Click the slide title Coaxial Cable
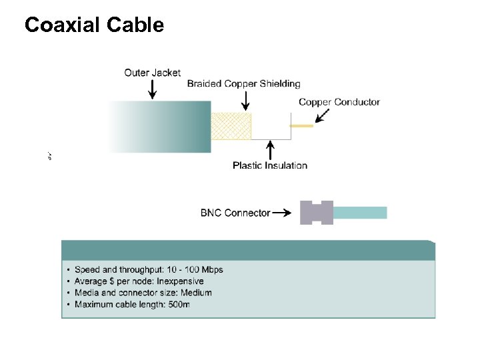(x=94, y=25)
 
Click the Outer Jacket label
(x=152, y=73)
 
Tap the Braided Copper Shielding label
(x=243, y=84)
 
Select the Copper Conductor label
(x=339, y=102)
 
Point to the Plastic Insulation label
(x=269, y=165)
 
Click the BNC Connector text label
(x=235, y=213)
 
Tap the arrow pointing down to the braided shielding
(x=245, y=101)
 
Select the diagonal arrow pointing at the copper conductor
(x=321, y=117)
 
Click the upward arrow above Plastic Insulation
(x=269, y=149)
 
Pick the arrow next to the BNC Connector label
(x=282, y=213)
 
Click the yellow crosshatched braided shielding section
(x=231, y=126)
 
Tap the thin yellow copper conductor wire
(x=301, y=125)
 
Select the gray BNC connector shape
(x=316, y=213)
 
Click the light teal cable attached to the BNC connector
(x=359, y=213)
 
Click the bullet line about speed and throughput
(x=149, y=270)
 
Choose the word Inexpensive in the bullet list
(x=180, y=281)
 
